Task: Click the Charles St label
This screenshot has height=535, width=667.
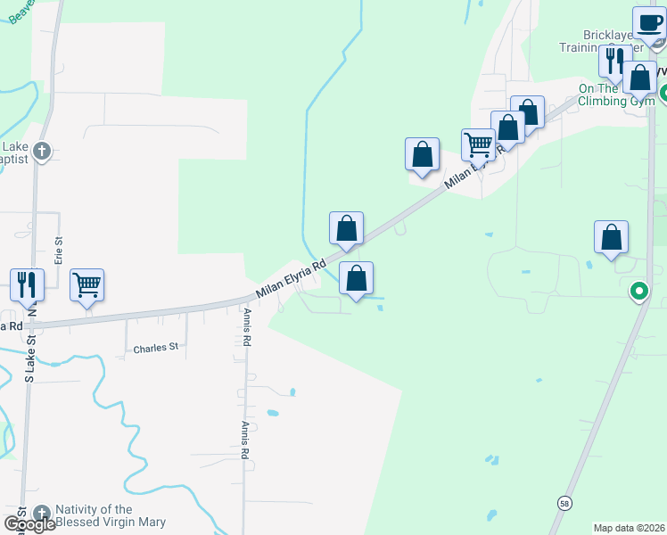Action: click(x=156, y=348)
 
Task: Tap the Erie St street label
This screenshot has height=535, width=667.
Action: click(x=59, y=251)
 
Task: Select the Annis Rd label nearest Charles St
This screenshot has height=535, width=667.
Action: click(x=247, y=327)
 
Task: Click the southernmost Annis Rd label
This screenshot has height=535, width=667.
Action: click(x=244, y=440)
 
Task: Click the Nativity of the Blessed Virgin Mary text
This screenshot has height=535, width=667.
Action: click(x=111, y=515)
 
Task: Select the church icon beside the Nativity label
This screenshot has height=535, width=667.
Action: click(x=42, y=514)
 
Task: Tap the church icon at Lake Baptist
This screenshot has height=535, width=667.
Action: click(x=42, y=152)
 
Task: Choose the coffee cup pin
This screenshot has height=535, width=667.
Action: click(x=649, y=24)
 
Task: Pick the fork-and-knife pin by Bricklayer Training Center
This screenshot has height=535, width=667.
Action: click(x=614, y=62)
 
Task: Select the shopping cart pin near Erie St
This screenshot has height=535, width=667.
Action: click(x=86, y=286)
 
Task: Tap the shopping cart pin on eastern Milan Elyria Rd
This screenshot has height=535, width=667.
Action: click(x=479, y=145)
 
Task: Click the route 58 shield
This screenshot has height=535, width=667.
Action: click(x=564, y=503)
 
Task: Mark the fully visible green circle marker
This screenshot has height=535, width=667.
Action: click(x=638, y=292)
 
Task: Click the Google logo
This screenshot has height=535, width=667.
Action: click(x=29, y=524)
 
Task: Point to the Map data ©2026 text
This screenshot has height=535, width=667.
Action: click(x=629, y=528)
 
